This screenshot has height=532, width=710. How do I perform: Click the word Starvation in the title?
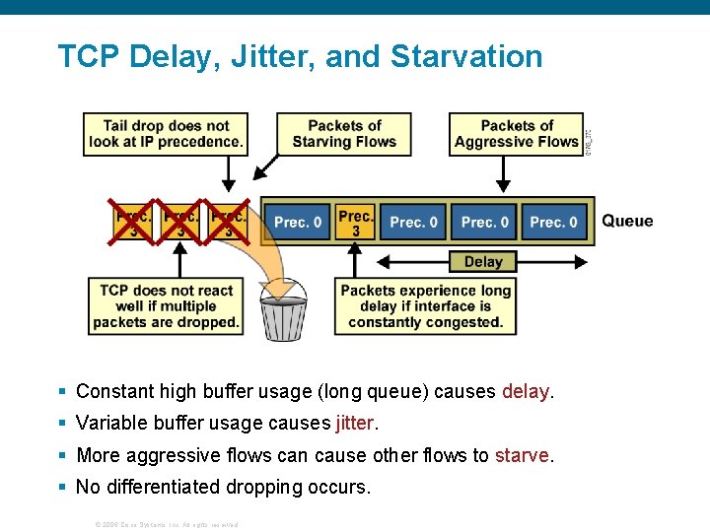tap(466, 56)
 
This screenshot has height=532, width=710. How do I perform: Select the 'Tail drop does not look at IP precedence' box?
tap(165, 134)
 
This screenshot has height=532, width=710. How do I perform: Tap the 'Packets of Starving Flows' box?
tap(344, 134)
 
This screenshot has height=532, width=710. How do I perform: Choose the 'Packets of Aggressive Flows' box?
tap(517, 134)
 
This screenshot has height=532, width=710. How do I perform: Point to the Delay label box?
tap(483, 262)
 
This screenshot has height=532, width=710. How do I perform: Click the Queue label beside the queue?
tap(627, 221)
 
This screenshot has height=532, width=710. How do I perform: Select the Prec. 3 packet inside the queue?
tap(355, 223)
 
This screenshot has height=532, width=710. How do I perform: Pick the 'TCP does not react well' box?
tap(166, 306)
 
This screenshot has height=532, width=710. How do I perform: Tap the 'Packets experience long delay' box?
tap(426, 306)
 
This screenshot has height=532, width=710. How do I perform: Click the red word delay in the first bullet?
tap(527, 391)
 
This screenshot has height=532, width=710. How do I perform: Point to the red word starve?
tap(522, 455)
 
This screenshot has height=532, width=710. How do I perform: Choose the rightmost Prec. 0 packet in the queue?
tap(554, 223)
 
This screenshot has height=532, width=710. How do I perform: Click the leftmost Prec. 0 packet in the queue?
tap(297, 223)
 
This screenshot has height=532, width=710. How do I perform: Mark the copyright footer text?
tap(166, 524)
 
